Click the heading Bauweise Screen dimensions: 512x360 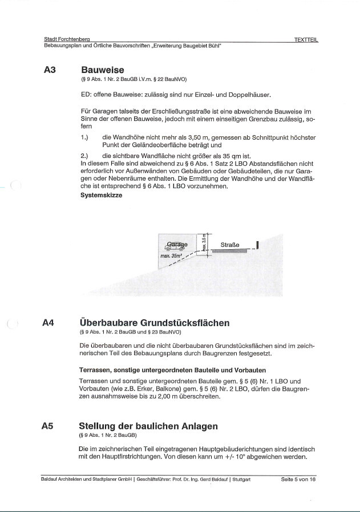coord(103,70)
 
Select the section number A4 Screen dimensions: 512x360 coord(48,323)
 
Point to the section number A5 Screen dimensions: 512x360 coord(48,426)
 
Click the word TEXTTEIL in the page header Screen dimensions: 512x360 coord(306,39)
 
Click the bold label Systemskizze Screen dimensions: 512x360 coord(101,195)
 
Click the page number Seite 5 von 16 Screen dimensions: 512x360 coord(298,480)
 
